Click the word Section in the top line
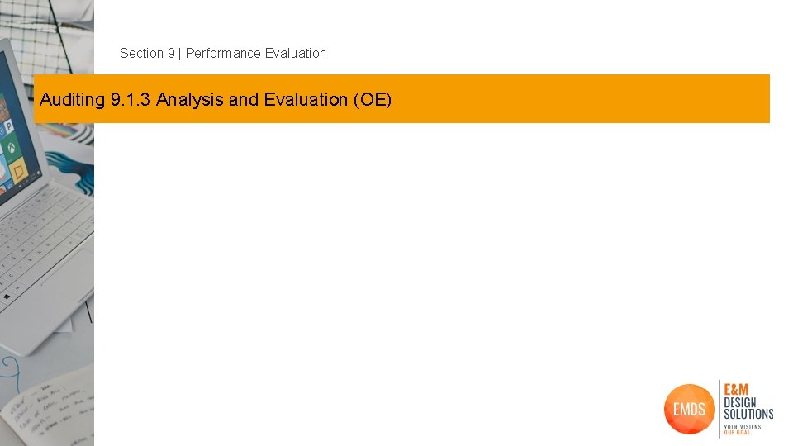pos(141,53)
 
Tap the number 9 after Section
pos(171,53)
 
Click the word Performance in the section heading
pos(223,53)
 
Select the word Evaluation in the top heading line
pos(296,53)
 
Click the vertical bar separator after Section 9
pos(180,53)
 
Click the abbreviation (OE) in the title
pos(373,100)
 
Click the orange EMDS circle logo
pos(689,409)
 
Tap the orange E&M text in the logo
pos(737,390)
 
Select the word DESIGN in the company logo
pos(740,402)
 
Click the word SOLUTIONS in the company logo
pos(748,414)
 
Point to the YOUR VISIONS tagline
pos(743,426)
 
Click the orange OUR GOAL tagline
pos(738,433)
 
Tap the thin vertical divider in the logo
pos(719,409)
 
